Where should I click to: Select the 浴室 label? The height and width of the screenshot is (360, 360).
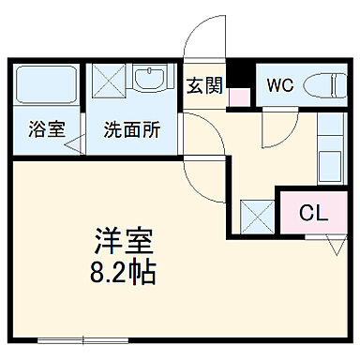point(46,129)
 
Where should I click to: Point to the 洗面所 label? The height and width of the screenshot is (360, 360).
point(130,129)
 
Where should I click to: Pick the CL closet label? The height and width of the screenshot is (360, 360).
point(312,213)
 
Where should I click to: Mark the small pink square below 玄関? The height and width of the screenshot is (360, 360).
point(238,96)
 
